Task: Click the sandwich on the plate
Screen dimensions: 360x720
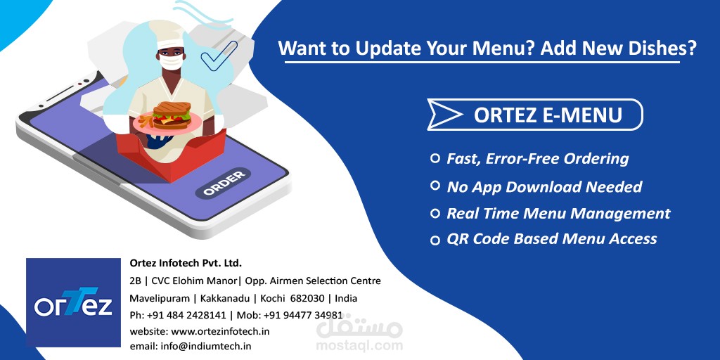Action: (x=169, y=114)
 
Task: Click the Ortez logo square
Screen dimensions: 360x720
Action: (x=74, y=302)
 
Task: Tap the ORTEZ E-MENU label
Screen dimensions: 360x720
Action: (x=548, y=115)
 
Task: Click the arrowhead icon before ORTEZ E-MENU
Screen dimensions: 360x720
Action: (x=445, y=115)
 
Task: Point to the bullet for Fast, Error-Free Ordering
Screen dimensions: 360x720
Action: (x=435, y=159)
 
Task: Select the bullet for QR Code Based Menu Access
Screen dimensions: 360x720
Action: (x=435, y=240)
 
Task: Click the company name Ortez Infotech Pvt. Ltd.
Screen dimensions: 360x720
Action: (x=186, y=264)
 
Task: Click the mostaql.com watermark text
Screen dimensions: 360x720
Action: (x=359, y=345)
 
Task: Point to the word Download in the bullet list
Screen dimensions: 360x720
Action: (x=554, y=187)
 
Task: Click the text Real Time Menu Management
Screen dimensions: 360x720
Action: (x=558, y=214)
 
